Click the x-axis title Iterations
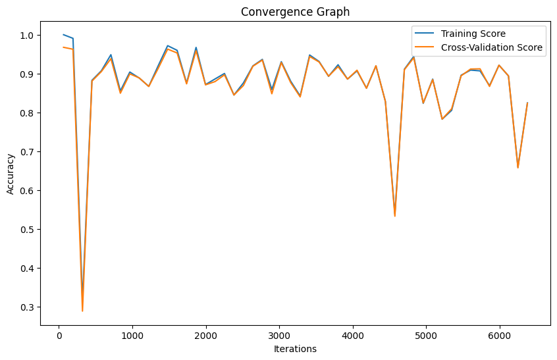click(295, 349)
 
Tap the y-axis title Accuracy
click(11, 174)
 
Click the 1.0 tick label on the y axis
click(29, 35)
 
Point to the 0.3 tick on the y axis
click(29, 307)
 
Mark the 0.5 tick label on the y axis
click(29, 230)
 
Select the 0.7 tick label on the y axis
click(29, 152)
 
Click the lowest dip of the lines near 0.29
click(82, 311)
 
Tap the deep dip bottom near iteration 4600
click(394, 215)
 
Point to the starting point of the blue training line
click(63, 35)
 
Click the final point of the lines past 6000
click(527, 103)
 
